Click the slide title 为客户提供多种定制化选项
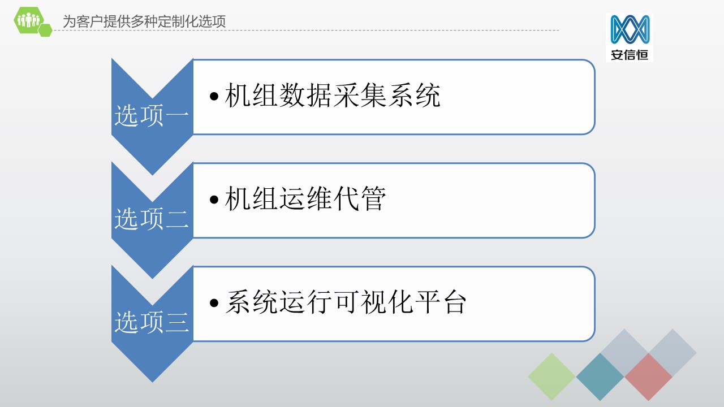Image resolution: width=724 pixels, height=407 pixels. point(144,21)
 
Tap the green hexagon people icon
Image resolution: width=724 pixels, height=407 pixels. point(28,20)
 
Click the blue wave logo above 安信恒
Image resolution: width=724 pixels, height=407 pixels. point(630,29)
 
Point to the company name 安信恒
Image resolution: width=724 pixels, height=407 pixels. point(630,55)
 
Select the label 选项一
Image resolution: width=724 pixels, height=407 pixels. point(152,115)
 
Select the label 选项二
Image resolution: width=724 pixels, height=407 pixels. point(152,219)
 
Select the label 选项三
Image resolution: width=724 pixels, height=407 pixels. point(152,322)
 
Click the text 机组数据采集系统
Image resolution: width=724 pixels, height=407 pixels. point(332,95)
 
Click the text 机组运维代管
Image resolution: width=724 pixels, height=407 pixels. point(305,198)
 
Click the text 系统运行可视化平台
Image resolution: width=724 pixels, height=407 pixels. point(346,302)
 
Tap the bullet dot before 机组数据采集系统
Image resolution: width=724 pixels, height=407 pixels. point(214,96)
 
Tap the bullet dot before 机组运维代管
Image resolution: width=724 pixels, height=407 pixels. point(214,200)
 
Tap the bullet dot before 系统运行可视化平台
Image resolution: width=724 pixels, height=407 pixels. point(214,302)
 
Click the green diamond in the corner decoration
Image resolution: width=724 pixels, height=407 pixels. point(551,376)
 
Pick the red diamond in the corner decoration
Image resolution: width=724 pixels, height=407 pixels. point(648,376)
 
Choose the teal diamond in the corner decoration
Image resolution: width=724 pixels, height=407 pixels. point(600,376)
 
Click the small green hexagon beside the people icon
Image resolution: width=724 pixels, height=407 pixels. point(45,30)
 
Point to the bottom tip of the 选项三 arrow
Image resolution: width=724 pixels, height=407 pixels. point(153,383)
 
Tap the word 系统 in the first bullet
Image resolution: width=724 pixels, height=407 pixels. point(413,95)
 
